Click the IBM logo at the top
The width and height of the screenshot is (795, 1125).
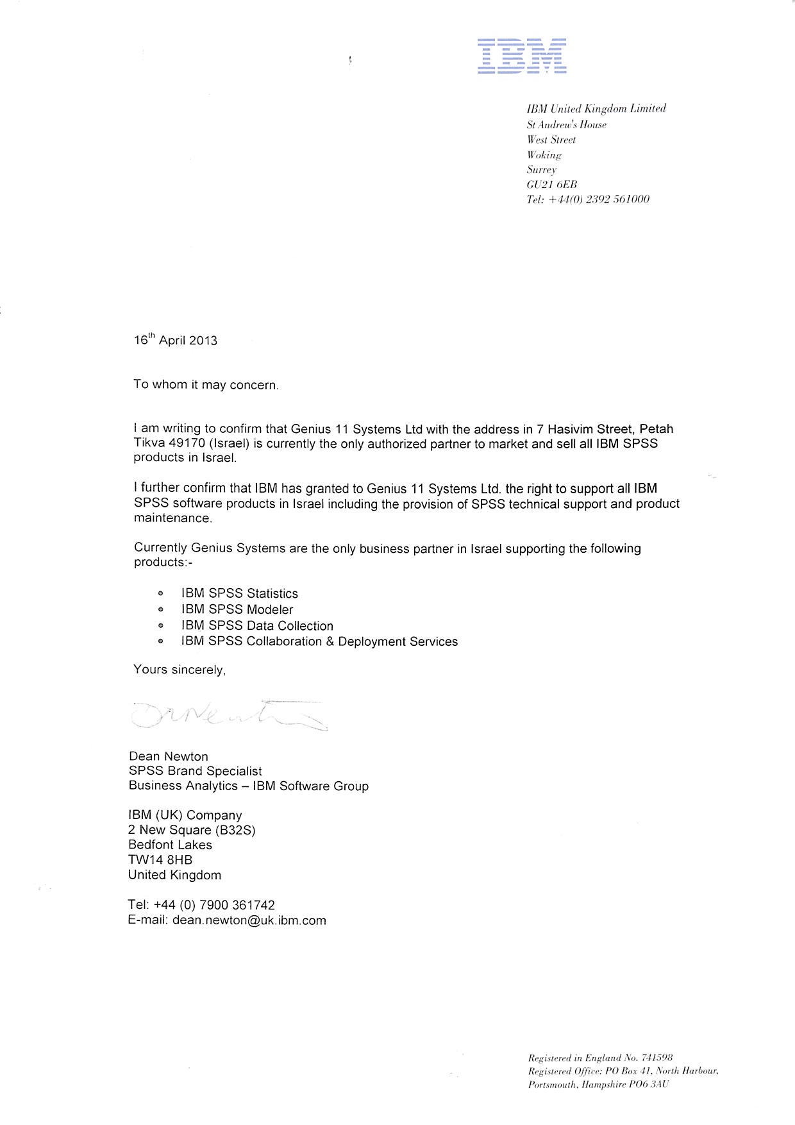[x=522, y=56]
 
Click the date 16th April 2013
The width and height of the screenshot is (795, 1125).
[x=175, y=340]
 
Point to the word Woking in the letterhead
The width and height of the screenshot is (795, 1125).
[x=544, y=155]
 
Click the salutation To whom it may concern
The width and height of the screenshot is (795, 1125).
[x=206, y=385]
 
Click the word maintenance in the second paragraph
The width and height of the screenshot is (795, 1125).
[x=172, y=518]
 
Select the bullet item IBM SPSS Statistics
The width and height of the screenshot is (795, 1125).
[x=239, y=593]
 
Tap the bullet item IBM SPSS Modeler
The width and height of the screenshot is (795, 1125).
[x=237, y=609]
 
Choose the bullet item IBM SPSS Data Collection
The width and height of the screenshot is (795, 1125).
[x=256, y=625]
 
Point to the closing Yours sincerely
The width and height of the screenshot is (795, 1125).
[x=180, y=670]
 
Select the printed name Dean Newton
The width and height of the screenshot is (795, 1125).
[x=168, y=756]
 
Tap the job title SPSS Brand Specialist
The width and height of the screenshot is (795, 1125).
[x=195, y=771]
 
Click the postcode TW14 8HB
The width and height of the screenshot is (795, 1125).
[x=160, y=860]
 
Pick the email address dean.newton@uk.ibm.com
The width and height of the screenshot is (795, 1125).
[x=249, y=920]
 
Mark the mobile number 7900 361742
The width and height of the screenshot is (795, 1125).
[x=237, y=905]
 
